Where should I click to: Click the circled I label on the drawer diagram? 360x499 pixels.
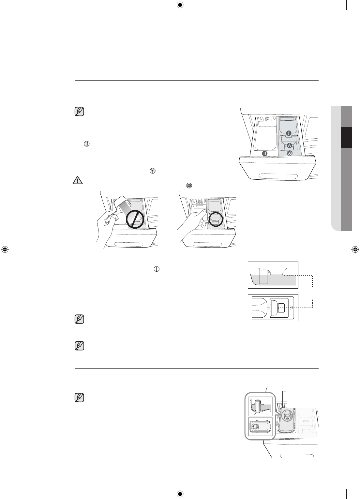289,133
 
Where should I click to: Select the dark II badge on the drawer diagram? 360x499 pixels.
265,153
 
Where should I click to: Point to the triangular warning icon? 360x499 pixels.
78,180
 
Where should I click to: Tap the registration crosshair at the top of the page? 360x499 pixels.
180,5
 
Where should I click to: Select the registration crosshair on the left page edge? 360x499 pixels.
5,249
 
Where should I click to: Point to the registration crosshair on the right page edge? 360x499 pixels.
355,249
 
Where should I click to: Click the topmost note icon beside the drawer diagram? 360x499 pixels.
79,112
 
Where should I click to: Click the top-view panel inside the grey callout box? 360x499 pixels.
260,426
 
